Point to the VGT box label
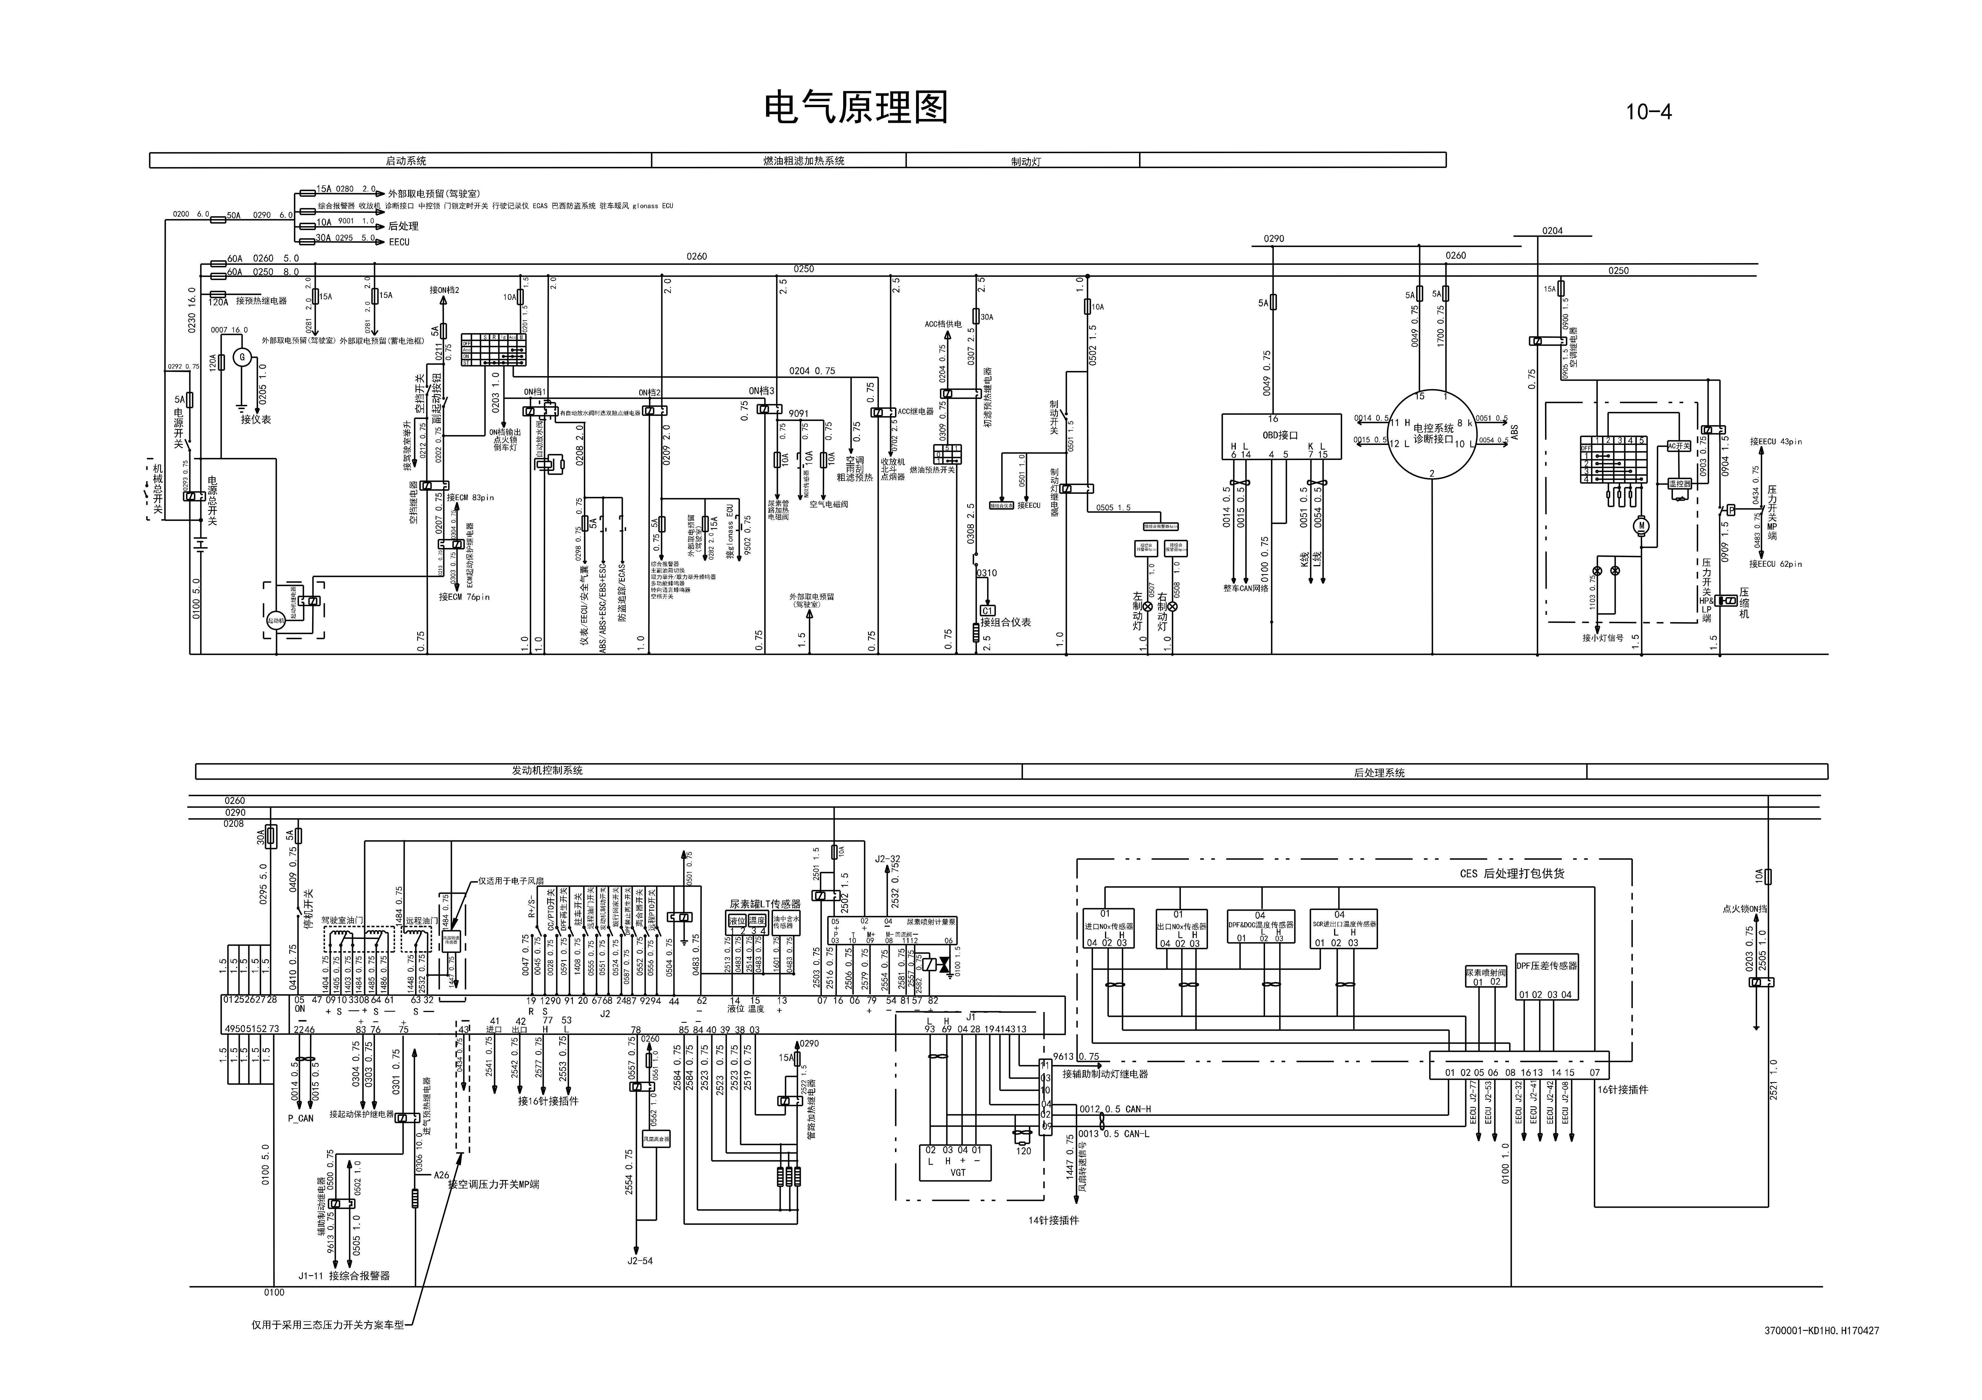(958, 1172)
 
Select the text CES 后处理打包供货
(1511, 873)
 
